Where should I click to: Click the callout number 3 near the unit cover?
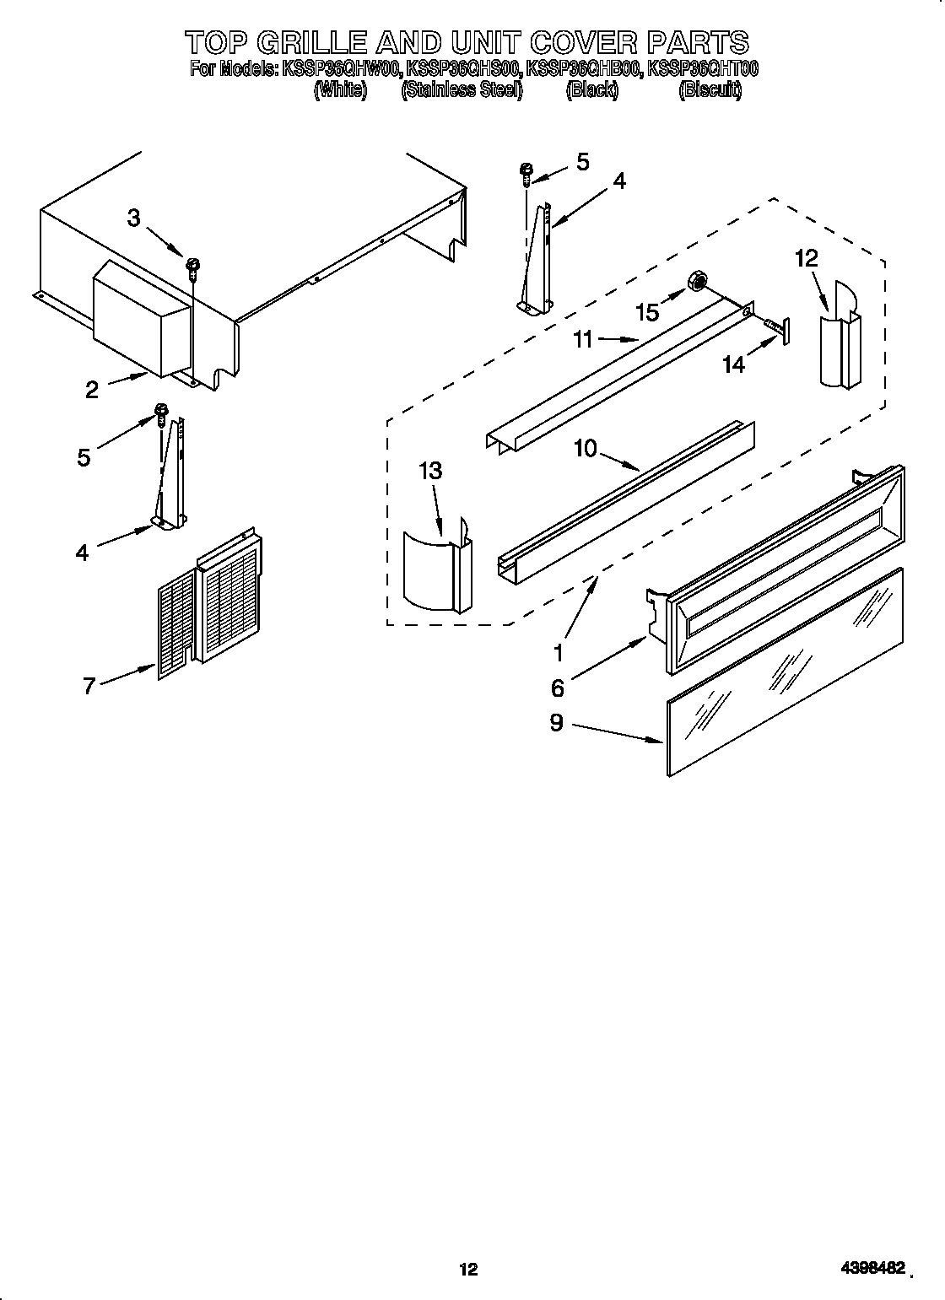[134, 218]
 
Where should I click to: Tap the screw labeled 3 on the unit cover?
[193, 267]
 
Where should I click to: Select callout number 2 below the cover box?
[92, 389]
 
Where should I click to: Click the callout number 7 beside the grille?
[89, 686]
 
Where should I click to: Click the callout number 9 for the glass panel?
[557, 724]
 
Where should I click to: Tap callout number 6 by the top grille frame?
[558, 688]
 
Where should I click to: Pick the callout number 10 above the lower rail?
[585, 448]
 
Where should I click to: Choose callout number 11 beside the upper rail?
[583, 340]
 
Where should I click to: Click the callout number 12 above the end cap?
[807, 258]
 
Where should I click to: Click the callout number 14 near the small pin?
[734, 364]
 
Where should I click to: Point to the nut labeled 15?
[699, 281]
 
